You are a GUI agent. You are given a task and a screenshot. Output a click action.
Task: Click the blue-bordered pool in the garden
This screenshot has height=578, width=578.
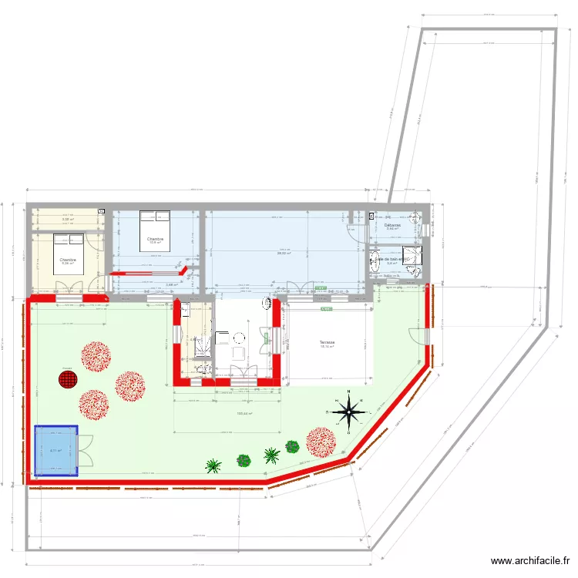pyautogui.click(x=56, y=451)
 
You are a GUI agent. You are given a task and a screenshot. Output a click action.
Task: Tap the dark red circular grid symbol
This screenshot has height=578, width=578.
pyautogui.click(x=69, y=379)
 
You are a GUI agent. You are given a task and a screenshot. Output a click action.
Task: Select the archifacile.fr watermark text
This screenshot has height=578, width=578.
pyautogui.click(x=532, y=561)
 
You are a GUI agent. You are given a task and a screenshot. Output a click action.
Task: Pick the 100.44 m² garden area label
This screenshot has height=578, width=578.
pyautogui.click(x=245, y=414)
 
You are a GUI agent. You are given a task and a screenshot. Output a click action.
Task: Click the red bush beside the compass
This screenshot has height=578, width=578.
pyautogui.click(x=321, y=442)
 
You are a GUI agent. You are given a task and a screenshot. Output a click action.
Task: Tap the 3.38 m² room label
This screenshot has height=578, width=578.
pyautogui.click(x=68, y=220)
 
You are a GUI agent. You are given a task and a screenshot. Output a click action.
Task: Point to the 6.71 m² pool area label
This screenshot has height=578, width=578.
pyautogui.click(x=55, y=452)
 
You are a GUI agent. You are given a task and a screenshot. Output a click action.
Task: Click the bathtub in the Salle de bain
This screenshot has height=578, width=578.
pyautogui.click(x=377, y=261)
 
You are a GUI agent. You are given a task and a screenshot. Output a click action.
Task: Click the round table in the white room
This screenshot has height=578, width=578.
pyautogui.click(x=239, y=337)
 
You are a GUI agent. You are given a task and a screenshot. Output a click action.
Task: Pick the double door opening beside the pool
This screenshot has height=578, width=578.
pyautogui.click(x=85, y=450)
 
